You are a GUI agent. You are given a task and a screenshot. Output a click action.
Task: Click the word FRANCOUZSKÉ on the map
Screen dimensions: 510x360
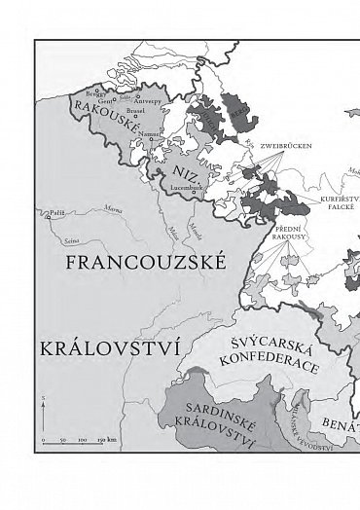coord(143,264)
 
